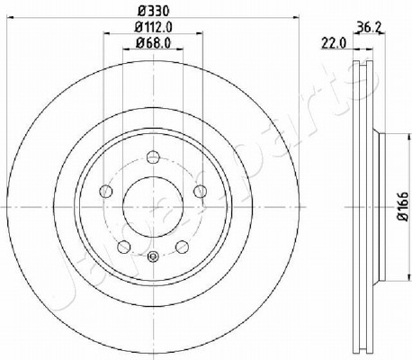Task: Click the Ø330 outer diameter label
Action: [154, 11]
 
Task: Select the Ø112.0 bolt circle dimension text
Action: [154, 27]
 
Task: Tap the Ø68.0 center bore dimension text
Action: [154, 43]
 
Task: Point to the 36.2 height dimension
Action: [370, 28]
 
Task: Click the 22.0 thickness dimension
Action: [334, 43]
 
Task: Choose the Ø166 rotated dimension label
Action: [403, 206]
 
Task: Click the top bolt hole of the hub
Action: [153, 157]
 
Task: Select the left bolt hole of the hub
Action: [105, 191]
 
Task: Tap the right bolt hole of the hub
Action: [201, 191]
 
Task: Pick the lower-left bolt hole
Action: [124, 247]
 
